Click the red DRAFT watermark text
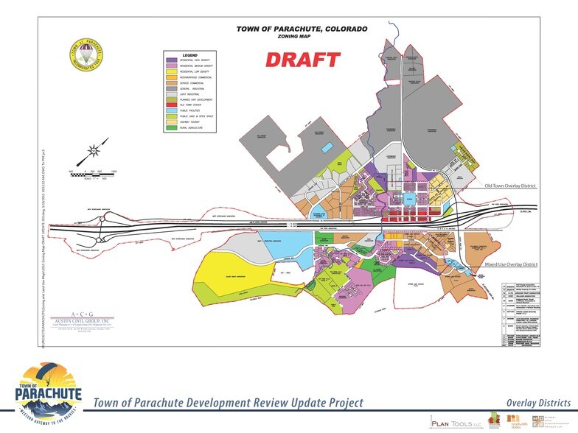(302, 60)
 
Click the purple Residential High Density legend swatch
(172, 60)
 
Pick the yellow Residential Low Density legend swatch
(172, 72)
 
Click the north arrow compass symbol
(93, 152)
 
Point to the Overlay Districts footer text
(538, 402)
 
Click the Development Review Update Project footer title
(228, 403)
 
